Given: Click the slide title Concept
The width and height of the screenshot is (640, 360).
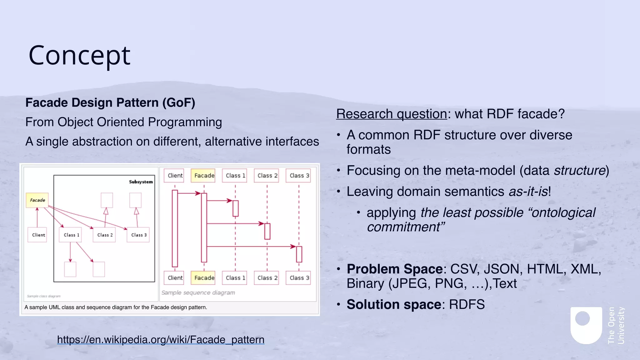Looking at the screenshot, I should click(79, 56).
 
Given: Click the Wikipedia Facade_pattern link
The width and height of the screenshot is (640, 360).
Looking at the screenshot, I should click(161, 339).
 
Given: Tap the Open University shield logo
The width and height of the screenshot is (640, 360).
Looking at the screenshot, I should click(586, 325).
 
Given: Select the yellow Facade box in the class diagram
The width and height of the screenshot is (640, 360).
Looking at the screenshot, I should click(37, 200).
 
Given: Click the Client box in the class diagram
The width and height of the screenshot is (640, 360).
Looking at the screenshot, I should click(38, 235).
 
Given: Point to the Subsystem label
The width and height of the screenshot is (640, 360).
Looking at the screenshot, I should click(141, 182).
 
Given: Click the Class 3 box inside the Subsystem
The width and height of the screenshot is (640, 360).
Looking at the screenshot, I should click(138, 235).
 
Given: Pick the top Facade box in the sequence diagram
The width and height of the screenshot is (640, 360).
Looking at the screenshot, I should click(204, 176).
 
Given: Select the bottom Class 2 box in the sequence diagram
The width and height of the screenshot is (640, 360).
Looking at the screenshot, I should click(267, 278).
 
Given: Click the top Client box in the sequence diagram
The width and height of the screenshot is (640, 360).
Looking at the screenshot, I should click(175, 176).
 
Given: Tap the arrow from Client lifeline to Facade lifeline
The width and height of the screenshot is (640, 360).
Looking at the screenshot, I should click(189, 193).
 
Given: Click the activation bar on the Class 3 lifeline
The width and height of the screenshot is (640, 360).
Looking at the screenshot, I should click(299, 254).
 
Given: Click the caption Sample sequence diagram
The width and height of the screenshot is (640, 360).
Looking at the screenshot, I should click(198, 293).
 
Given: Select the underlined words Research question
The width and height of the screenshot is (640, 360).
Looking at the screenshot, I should click(391, 114).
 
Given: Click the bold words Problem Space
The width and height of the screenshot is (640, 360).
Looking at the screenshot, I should click(394, 269).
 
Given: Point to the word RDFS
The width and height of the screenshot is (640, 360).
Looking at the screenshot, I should click(467, 304).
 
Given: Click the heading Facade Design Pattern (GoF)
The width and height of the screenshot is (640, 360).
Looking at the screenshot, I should click(110, 103).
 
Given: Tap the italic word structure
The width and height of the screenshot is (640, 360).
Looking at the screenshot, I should click(580, 171).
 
